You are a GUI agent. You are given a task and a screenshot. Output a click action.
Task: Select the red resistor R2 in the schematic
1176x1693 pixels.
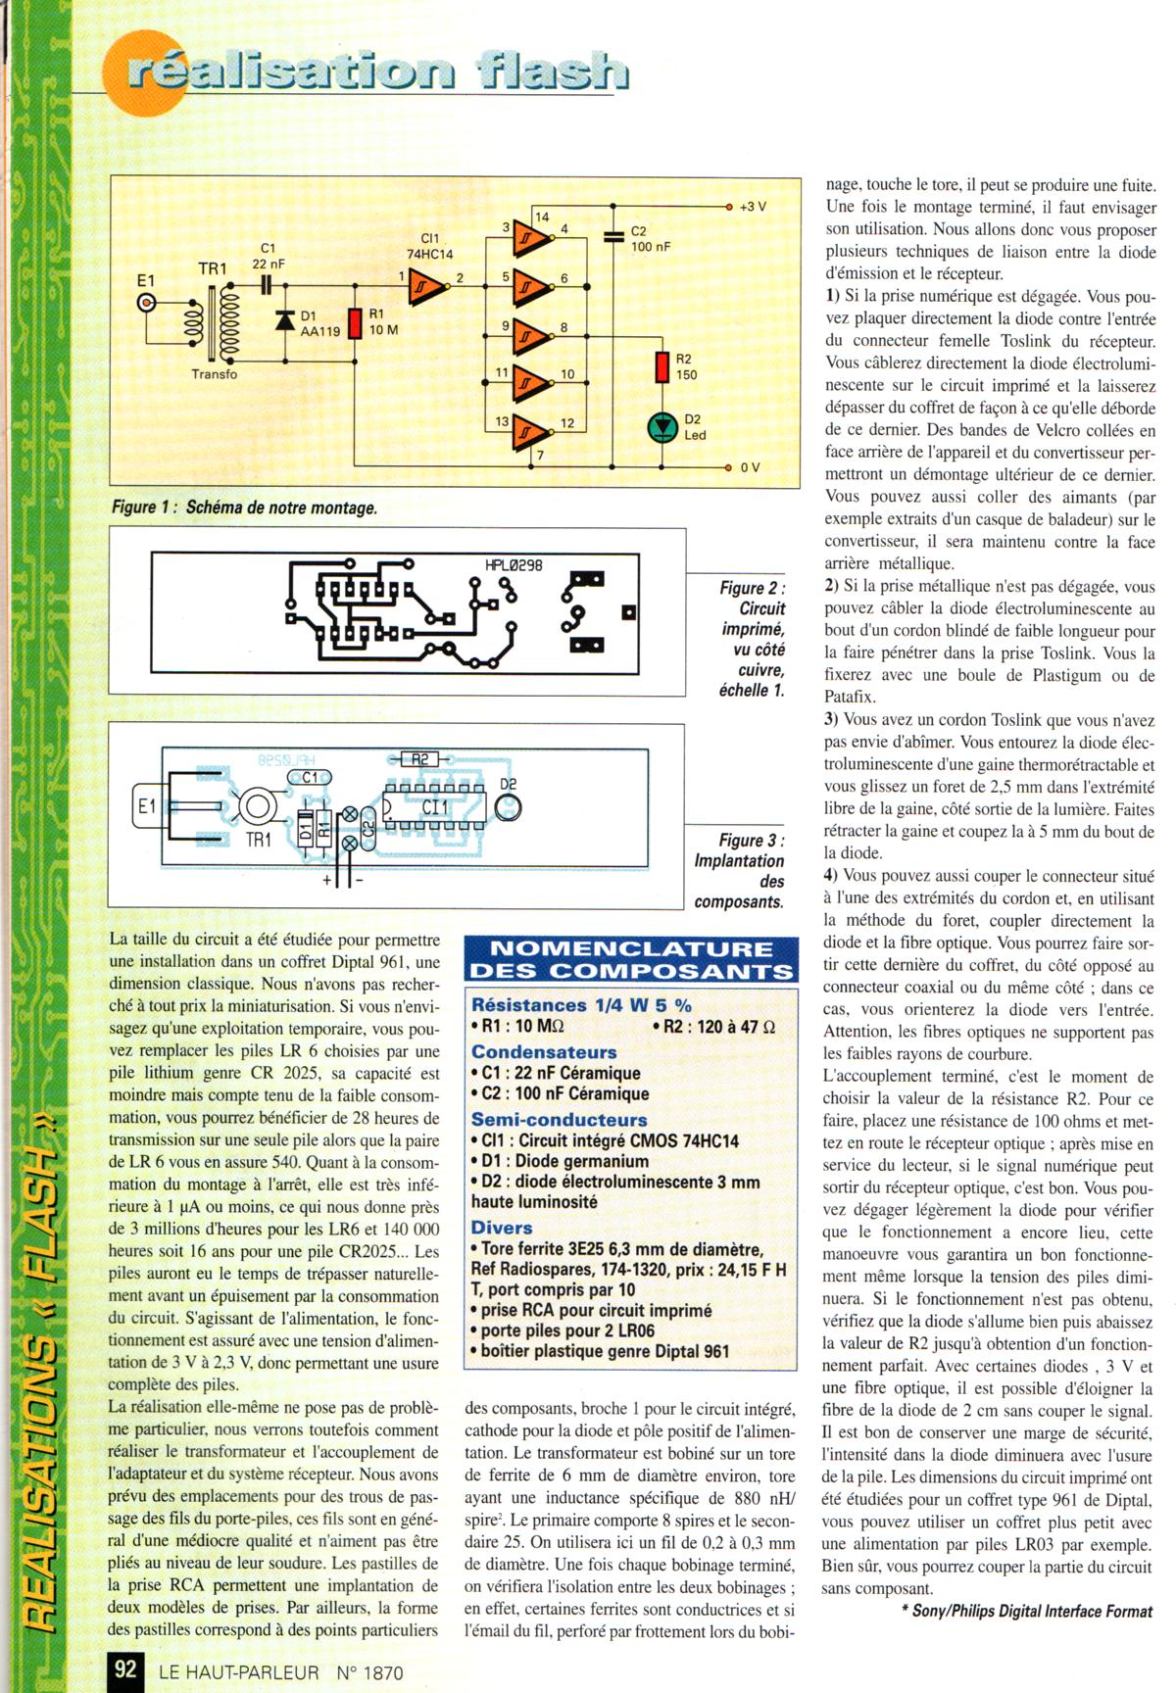click(x=661, y=367)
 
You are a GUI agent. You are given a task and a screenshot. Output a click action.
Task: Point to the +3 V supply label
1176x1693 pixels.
click(x=752, y=208)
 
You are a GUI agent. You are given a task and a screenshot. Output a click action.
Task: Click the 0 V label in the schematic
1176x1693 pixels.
click(x=750, y=467)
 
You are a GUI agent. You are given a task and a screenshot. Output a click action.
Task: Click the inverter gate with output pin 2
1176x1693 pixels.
click(x=428, y=284)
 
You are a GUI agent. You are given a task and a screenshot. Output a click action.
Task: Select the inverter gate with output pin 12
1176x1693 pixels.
click(x=530, y=429)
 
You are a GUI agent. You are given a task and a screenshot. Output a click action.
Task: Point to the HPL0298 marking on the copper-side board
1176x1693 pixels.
click(x=514, y=566)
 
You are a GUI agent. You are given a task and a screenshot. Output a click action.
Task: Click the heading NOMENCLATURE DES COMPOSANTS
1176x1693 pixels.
click(x=630, y=959)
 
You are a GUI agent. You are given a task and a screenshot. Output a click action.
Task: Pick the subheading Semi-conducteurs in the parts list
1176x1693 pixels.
click(x=559, y=1119)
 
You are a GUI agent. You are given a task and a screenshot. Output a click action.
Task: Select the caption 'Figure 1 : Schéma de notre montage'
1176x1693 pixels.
click(x=244, y=508)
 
